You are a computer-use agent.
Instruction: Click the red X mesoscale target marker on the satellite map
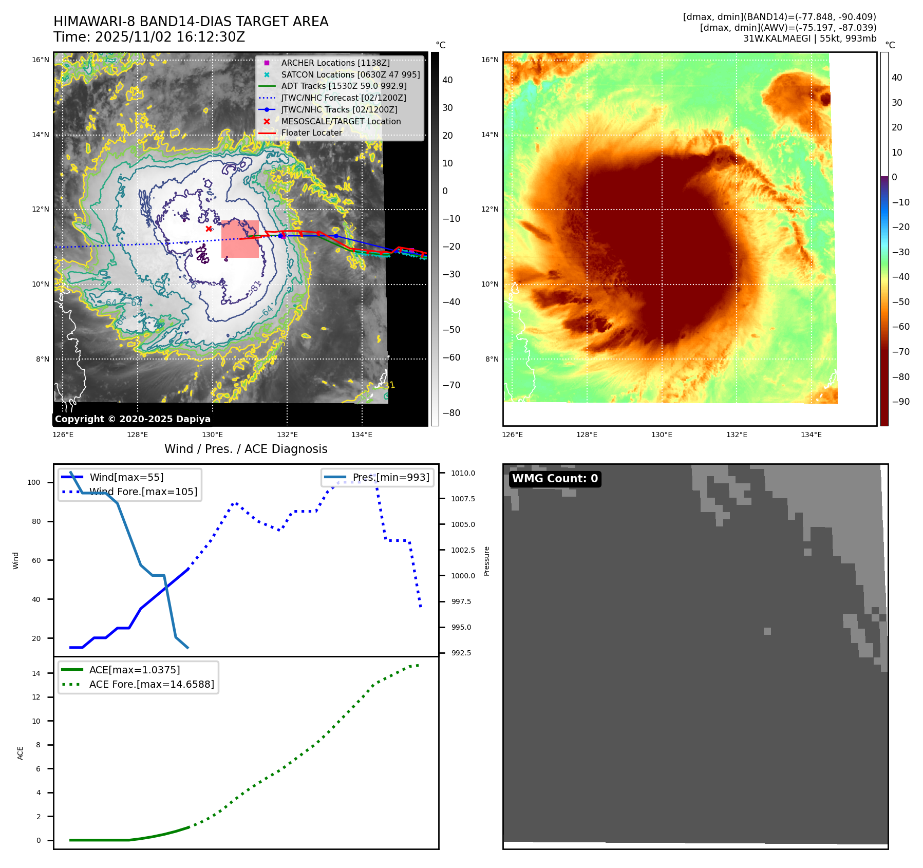(209, 229)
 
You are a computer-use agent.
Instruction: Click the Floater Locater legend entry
(311, 133)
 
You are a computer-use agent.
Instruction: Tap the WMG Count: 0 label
(555, 479)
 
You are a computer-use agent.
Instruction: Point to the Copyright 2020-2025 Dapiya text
(133, 419)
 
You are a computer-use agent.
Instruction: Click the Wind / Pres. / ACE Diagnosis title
(246, 449)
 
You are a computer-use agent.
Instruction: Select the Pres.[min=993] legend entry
(390, 477)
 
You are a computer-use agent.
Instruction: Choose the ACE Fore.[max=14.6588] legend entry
(152, 684)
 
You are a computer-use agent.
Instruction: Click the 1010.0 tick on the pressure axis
(463, 473)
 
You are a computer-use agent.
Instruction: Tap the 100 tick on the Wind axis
(34, 482)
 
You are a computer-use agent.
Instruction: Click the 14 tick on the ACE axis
(36, 673)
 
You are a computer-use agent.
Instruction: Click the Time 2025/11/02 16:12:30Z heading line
(149, 37)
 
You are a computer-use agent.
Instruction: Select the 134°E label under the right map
(811, 435)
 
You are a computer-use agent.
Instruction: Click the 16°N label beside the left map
(41, 60)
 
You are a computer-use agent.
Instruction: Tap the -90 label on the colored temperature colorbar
(900, 402)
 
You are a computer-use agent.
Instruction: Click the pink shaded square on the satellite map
(240, 239)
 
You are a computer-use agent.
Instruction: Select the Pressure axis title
(486, 561)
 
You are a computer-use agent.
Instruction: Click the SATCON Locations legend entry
(350, 74)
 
